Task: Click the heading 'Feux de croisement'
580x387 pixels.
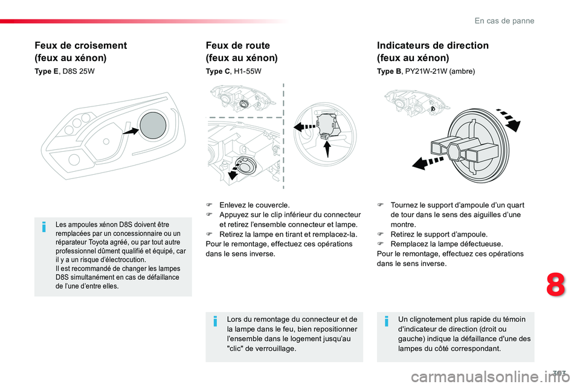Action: pyautogui.click(x=80, y=45)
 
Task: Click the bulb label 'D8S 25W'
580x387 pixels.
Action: pyautogui.click(x=79, y=71)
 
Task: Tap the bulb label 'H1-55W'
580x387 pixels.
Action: pyautogui.click(x=248, y=71)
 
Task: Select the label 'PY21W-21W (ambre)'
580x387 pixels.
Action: pyautogui.click(x=440, y=71)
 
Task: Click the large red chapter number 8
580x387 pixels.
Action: pyautogui.click(x=556, y=284)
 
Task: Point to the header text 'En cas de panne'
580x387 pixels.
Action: pyautogui.click(x=504, y=21)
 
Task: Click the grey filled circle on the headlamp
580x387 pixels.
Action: pyautogui.click(x=153, y=125)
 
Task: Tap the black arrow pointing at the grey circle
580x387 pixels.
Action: pyautogui.click(x=130, y=131)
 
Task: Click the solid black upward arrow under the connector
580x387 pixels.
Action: pyautogui.click(x=327, y=149)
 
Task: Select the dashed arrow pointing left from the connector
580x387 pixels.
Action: pyautogui.click(x=304, y=126)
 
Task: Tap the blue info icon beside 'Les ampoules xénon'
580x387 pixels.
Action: pyautogui.click(x=44, y=227)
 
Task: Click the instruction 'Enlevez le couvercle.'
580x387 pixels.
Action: pyautogui.click(x=254, y=205)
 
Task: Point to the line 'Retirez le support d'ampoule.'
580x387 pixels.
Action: pyautogui.click(x=439, y=235)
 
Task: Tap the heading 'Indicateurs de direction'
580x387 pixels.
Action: pyautogui.click(x=433, y=45)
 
